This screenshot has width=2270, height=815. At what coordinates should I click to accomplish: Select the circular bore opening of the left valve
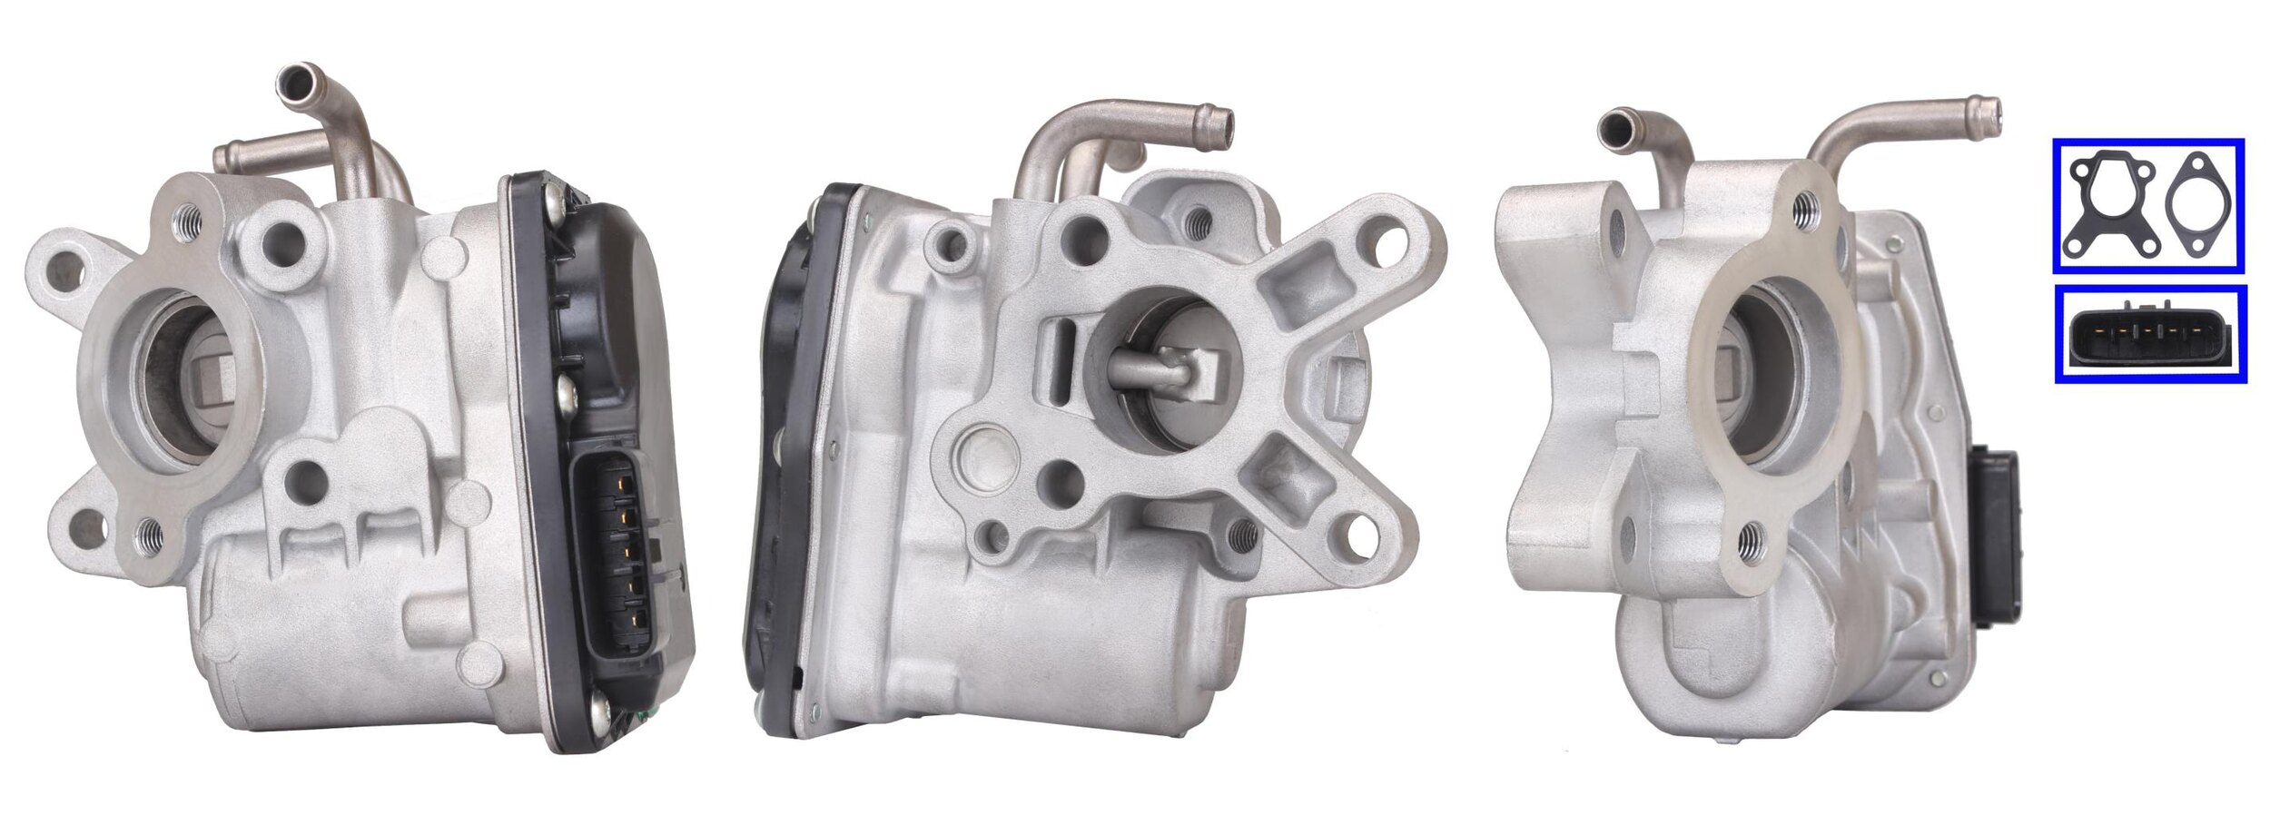pyautogui.click(x=183, y=376)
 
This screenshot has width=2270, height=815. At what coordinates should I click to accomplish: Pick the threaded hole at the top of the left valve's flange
pyautogui.click(x=190, y=218)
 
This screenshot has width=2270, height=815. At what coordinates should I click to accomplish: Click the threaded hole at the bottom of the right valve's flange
pyautogui.click(x=1750, y=540)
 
